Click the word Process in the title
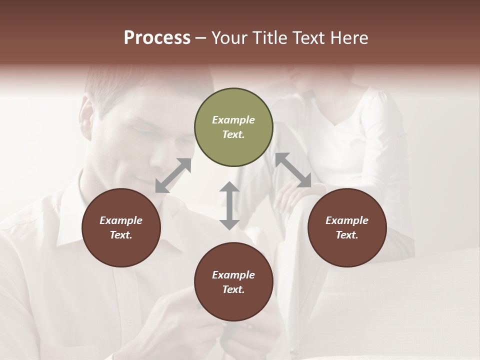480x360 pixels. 157,38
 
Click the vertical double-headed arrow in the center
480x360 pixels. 229,205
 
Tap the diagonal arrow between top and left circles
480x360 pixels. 173,175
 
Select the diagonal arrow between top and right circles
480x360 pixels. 293,170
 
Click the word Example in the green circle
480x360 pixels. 233,120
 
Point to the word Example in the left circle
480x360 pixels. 121,220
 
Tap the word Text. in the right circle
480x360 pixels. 347,235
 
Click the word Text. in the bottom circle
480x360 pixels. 233,289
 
